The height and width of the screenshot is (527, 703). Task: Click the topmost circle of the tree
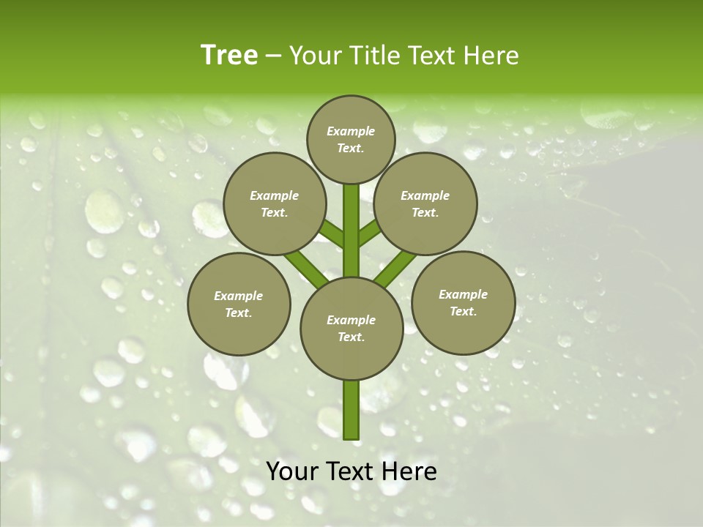tap(351, 139)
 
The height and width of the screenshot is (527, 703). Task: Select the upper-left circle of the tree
tap(274, 203)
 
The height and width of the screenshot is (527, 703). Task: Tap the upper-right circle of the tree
tap(425, 203)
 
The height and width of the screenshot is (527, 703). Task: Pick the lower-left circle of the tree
tap(239, 304)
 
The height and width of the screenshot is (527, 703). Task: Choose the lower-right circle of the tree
tap(463, 302)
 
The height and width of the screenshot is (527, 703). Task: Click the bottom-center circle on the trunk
tap(351, 328)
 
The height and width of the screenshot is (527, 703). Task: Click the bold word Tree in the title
tap(229, 55)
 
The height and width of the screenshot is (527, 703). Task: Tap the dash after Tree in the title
tap(273, 56)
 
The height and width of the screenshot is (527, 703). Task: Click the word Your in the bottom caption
tap(293, 471)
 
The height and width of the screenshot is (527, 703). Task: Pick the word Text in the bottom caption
tap(351, 471)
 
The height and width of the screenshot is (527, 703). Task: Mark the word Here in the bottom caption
tap(409, 471)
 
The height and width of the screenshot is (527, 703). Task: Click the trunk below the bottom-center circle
tap(351, 410)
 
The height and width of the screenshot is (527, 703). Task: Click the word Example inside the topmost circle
tap(351, 132)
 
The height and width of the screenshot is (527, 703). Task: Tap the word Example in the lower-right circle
tap(463, 294)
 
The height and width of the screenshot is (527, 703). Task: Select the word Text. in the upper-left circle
tap(274, 213)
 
